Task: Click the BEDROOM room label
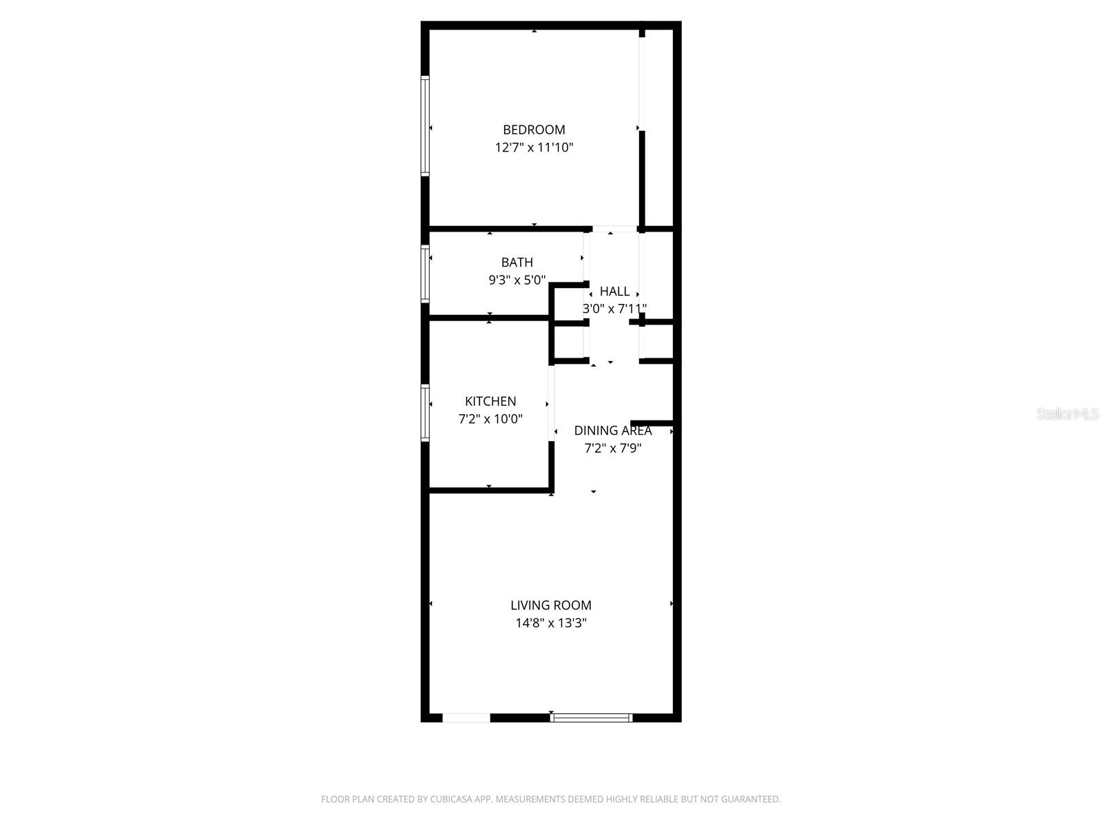pyautogui.click(x=534, y=130)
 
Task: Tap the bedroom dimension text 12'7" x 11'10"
pyautogui.click(x=534, y=147)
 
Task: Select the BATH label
pyautogui.click(x=517, y=263)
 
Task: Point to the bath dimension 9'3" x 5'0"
pyautogui.click(x=517, y=280)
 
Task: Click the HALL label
pyautogui.click(x=614, y=292)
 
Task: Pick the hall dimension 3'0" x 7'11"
pyautogui.click(x=614, y=309)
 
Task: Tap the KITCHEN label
pyautogui.click(x=490, y=401)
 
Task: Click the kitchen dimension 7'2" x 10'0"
pyautogui.click(x=490, y=418)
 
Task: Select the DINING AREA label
pyautogui.click(x=613, y=431)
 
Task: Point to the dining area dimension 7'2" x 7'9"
pyautogui.click(x=613, y=448)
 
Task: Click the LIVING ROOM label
pyautogui.click(x=551, y=605)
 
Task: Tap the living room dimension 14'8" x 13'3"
pyautogui.click(x=551, y=623)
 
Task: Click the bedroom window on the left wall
pyautogui.click(x=425, y=126)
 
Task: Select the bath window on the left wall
pyautogui.click(x=425, y=274)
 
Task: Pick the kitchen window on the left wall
pyautogui.click(x=425, y=412)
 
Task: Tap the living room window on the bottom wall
pyautogui.click(x=591, y=718)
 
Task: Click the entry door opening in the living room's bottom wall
pyautogui.click(x=466, y=718)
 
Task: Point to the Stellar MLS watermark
pyautogui.click(x=1068, y=413)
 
